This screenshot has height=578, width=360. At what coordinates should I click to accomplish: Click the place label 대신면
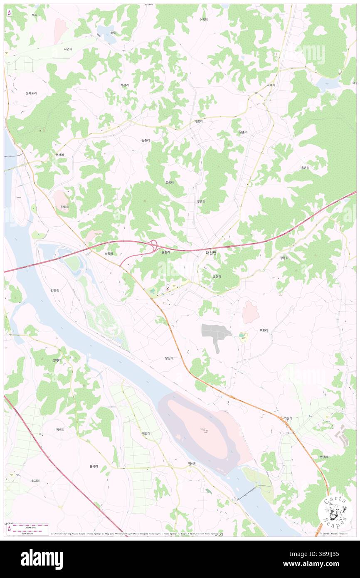(x=211, y=252)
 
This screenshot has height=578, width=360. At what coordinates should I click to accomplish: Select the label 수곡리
(x=203, y=20)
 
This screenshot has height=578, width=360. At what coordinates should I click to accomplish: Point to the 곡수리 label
(x=271, y=85)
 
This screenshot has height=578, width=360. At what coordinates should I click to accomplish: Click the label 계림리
(x=198, y=121)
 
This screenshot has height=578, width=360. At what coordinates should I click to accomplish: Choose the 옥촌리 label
(x=306, y=168)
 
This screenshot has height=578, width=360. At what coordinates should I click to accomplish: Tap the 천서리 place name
(x=59, y=155)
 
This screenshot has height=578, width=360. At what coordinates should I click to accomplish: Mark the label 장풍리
(x=284, y=258)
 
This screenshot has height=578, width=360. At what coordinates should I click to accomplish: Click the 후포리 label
(x=264, y=331)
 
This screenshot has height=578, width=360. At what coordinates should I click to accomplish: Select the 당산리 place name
(x=169, y=358)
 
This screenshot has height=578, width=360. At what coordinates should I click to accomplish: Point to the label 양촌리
(x=55, y=290)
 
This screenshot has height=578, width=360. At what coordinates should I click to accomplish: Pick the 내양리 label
(x=145, y=433)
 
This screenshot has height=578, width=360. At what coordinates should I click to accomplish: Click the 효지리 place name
(x=35, y=481)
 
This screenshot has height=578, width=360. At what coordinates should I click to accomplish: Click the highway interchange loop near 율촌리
(x=153, y=245)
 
